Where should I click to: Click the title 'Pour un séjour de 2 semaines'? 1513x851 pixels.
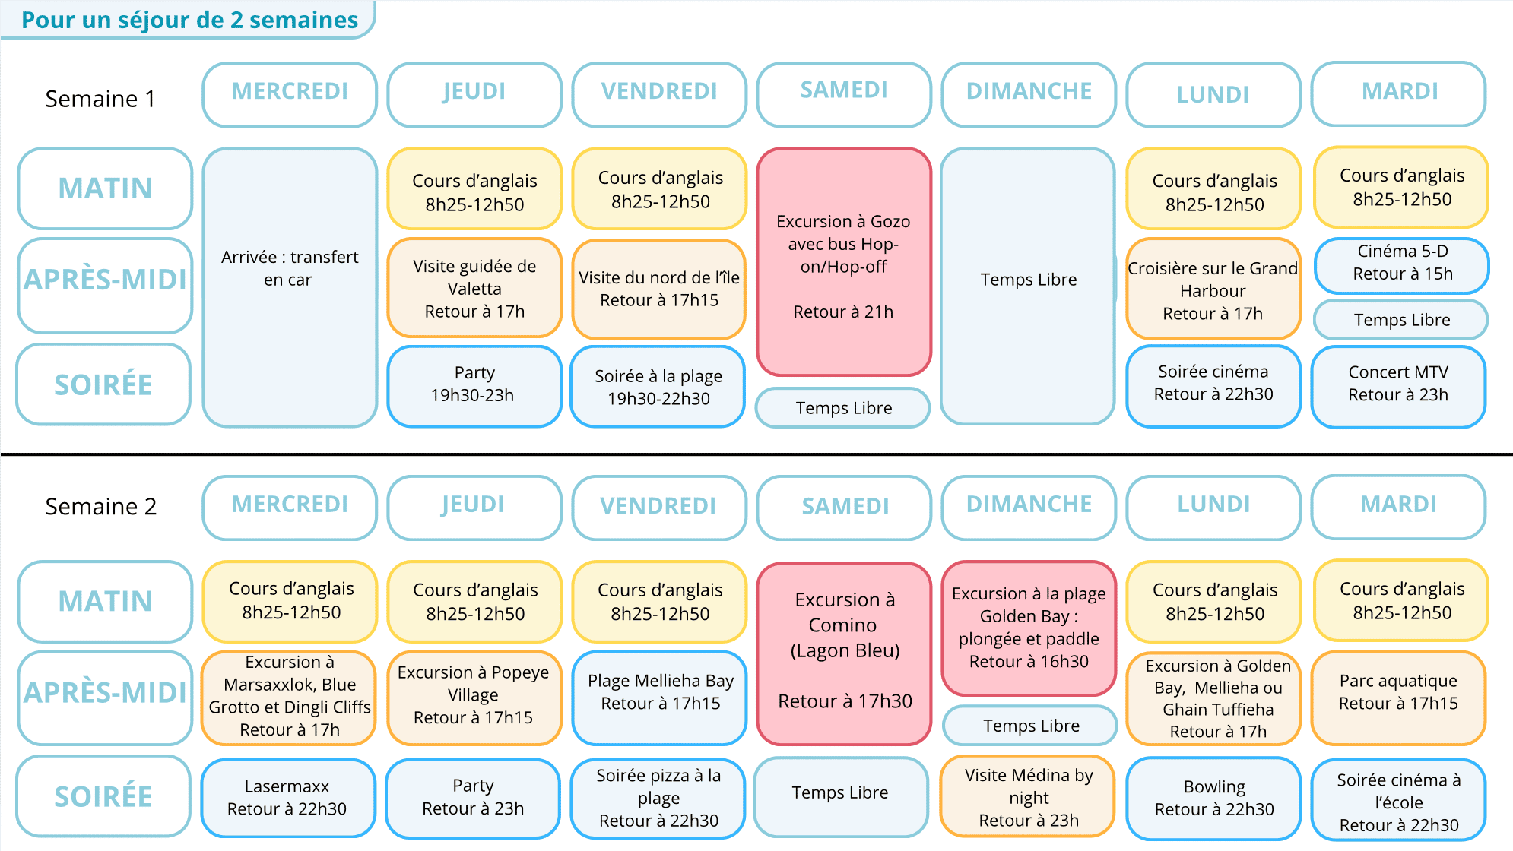(x=189, y=20)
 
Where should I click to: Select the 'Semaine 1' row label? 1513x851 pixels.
(x=100, y=99)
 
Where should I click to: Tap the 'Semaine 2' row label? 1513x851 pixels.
(x=101, y=506)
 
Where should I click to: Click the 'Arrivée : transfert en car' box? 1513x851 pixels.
(x=290, y=287)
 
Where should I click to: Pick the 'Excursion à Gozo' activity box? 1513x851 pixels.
(x=844, y=261)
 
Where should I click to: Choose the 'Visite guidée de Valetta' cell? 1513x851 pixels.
(x=474, y=288)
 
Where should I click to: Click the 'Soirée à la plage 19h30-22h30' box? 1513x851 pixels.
(x=658, y=387)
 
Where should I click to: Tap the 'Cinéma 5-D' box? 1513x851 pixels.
(x=1402, y=265)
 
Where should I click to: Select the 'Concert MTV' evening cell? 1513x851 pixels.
(x=1398, y=387)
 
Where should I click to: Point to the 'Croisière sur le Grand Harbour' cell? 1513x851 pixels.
(x=1213, y=289)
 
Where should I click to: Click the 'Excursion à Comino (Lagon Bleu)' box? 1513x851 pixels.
(x=844, y=653)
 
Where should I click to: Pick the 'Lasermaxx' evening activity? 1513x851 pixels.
(x=288, y=798)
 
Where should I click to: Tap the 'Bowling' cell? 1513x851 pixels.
(x=1213, y=798)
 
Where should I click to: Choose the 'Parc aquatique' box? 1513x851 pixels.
(x=1399, y=698)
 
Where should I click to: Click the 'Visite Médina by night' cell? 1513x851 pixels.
(x=1028, y=796)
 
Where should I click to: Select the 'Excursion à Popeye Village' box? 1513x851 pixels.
(x=474, y=698)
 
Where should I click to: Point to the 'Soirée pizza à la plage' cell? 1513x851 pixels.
(x=658, y=798)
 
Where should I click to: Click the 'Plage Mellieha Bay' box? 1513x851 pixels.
(x=660, y=698)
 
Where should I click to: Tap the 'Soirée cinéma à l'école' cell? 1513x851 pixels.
(x=1399, y=801)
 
